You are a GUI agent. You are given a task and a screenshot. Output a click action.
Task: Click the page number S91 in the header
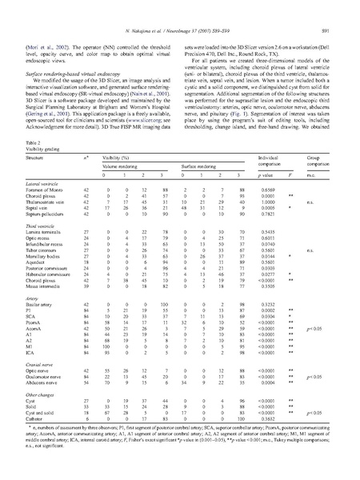pos(338,9)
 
